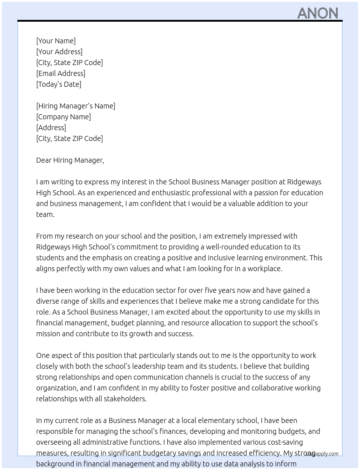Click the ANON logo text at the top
(x=318, y=13)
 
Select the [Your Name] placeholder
(x=56, y=41)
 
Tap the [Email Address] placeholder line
(x=61, y=73)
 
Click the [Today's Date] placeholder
(x=59, y=84)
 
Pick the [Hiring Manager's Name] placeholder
(x=76, y=106)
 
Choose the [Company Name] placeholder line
(x=63, y=117)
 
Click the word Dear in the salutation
(x=44, y=160)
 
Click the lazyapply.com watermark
(x=322, y=454)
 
